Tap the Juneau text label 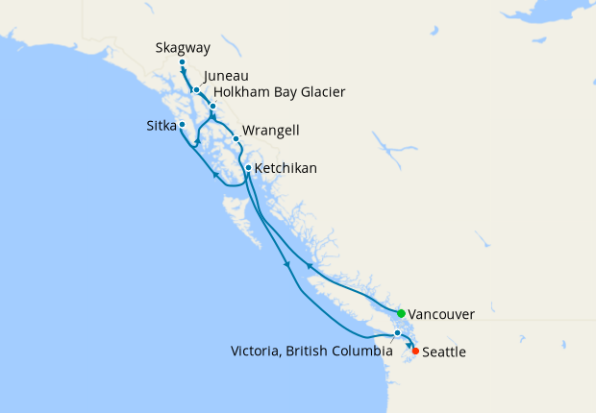[227, 75]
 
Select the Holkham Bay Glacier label [279, 92]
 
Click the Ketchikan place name [286, 169]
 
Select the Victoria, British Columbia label [311, 352]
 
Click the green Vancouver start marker [401, 313]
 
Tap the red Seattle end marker [415, 352]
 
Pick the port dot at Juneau [196, 90]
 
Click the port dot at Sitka [182, 125]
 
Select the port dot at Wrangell [236, 138]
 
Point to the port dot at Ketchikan [248, 169]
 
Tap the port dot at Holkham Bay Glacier [212, 106]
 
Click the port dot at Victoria [397, 333]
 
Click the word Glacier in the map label [321, 92]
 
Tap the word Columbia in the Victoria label [359, 352]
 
